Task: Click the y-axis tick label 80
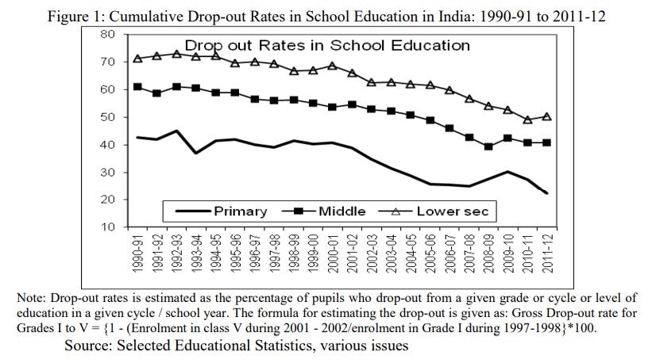110,34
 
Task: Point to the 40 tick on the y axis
110,145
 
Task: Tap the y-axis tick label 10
110,227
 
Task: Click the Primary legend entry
239,211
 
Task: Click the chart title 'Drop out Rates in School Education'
327,46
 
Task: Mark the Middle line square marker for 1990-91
138,86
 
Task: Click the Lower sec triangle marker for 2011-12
547,116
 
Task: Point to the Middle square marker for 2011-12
547,142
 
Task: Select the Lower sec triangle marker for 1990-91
138,58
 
